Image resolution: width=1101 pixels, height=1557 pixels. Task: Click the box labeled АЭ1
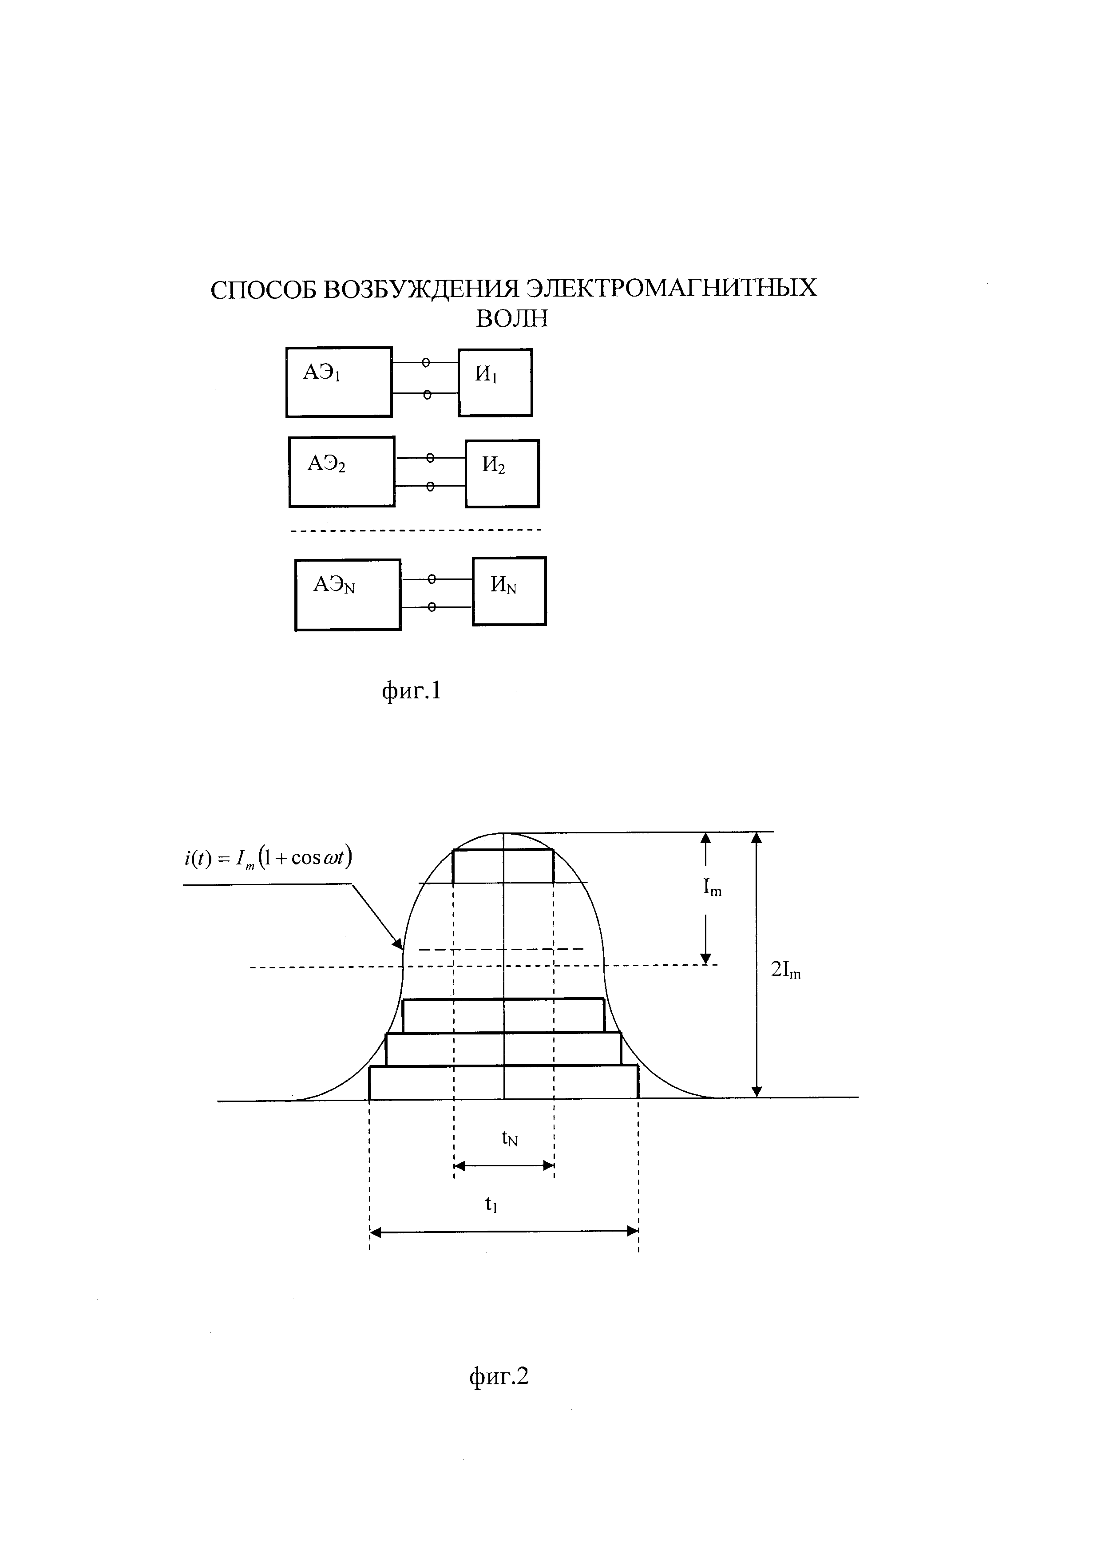tap(338, 382)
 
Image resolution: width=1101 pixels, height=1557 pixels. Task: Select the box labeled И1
tap(495, 382)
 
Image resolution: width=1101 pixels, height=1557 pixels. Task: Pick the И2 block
tap(502, 473)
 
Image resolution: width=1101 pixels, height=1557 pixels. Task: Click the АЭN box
tap(347, 595)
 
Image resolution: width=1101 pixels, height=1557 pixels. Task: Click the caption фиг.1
tap(412, 691)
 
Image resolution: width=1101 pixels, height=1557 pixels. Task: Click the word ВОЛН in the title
tap(512, 319)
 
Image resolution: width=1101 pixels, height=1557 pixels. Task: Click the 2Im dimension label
tap(786, 971)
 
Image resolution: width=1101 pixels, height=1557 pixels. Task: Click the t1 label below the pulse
tap(491, 1204)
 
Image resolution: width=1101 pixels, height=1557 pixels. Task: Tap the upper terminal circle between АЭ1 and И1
tap(426, 363)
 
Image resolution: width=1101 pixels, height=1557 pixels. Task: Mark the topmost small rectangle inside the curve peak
tap(503, 866)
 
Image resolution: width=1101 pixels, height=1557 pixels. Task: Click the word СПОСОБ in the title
tap(263, 290)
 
